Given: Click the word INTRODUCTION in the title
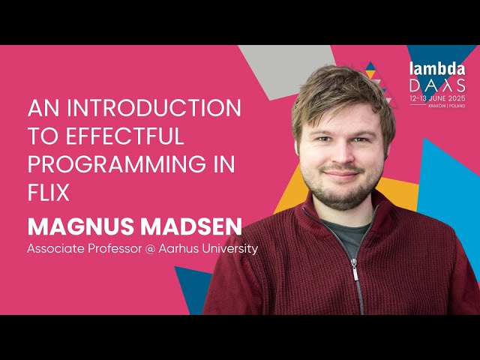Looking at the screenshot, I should point(157,108).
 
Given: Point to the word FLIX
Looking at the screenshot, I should point(49,193).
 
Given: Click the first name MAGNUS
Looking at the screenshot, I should point(77,225).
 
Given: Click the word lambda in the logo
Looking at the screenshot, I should point(436,68).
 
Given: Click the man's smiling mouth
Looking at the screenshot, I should point(341,174).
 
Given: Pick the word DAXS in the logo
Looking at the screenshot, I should point(436,85).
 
